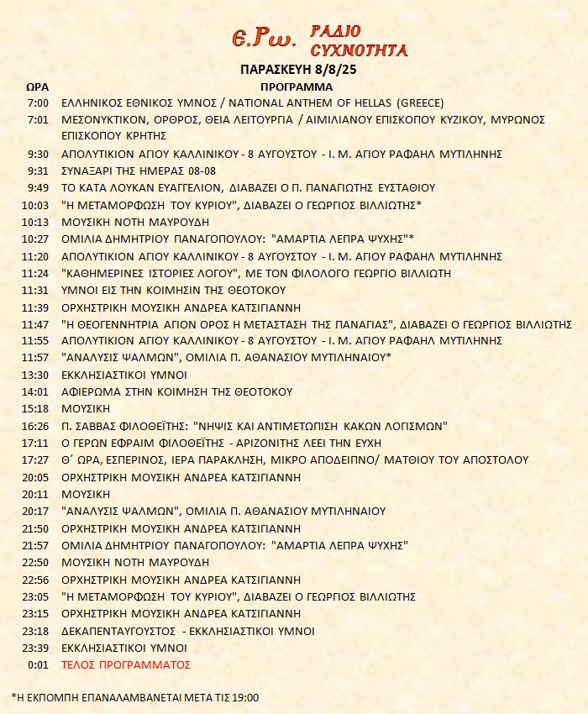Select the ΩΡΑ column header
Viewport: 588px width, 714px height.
[37, 87]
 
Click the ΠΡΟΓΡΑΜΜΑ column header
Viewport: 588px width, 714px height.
[297, 87]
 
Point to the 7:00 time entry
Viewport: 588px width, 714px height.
[39, 102]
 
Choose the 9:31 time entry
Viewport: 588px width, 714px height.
[39, 171]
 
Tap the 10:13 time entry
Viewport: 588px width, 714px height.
[37, 222]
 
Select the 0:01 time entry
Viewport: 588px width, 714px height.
[39, 664]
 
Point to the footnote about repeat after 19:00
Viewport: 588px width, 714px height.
[135, 697]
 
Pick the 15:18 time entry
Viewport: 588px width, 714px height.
[37, 408]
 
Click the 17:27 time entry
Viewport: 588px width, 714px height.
[37, 459]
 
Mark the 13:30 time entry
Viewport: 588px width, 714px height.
[37, 375]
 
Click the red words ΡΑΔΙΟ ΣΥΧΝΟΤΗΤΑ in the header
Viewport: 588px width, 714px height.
[359, 40]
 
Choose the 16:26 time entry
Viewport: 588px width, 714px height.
[37, 426]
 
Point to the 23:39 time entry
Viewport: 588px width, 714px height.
[37, 648]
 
